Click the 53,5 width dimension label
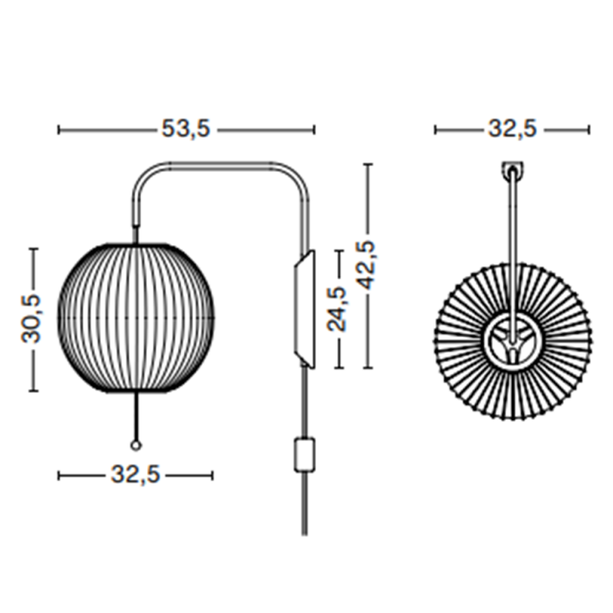[185, 130]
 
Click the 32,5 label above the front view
[512, 130]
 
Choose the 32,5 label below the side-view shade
[135, 476]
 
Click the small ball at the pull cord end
[136, 445]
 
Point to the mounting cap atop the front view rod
[511, 168]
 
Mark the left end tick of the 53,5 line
[59, 130]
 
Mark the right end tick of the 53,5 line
[313, 130]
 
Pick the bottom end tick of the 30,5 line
[33, 391]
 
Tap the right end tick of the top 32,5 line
[589, 130]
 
